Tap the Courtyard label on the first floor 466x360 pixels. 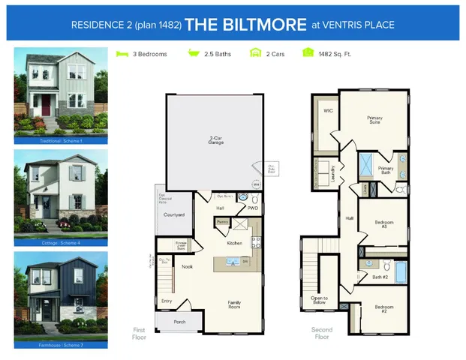click(x=174, y=214)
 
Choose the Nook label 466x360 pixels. click(x=188, y=265)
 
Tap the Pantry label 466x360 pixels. click(x=222, y=222)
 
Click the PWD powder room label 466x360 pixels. click(x=253, y=208)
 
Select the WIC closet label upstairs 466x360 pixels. click(x=328, y=110)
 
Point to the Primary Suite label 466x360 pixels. click(x=374, y=120)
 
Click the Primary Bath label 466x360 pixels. click(x=386, y=170)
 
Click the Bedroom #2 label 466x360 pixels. click(x=383, y=307)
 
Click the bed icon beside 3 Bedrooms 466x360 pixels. click(x=122, y=54)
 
